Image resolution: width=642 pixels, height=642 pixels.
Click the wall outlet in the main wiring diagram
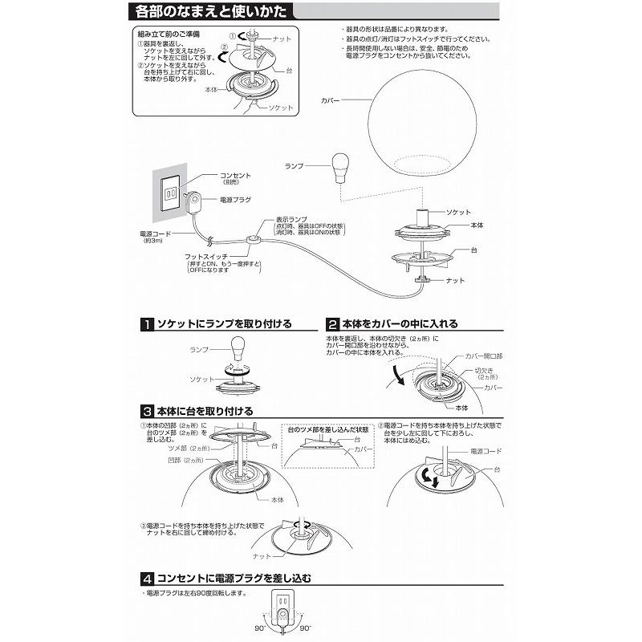tap(170, 193)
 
